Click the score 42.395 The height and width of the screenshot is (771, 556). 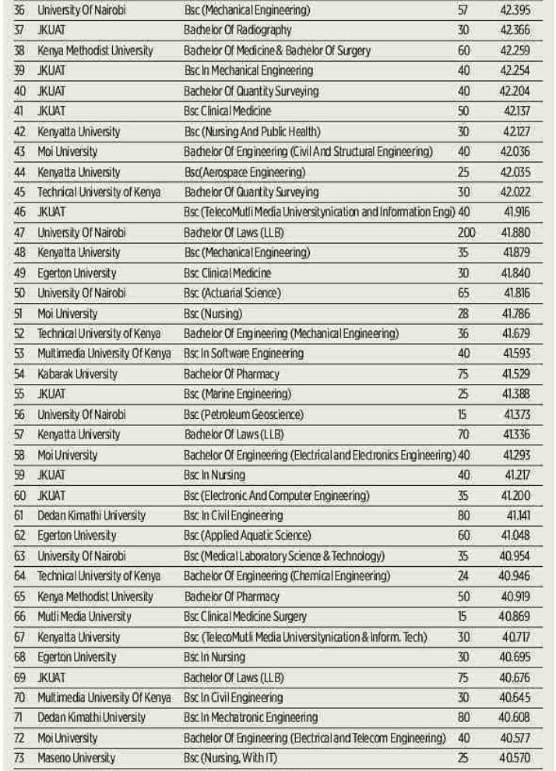[519, 10]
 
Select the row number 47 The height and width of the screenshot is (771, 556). [20, 233]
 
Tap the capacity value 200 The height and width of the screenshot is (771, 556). [466, 233]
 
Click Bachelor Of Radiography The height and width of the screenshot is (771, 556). [238, 30]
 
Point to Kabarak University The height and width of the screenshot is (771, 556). [77, 375]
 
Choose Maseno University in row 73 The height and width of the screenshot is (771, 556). [76, 758]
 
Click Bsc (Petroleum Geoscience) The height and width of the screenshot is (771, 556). [244, 415]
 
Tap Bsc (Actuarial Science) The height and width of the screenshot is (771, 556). [232, 294]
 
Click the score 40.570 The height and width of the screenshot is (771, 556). [519, 758]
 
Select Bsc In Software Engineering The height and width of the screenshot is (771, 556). [244, 354]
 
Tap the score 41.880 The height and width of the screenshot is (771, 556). [519, 233]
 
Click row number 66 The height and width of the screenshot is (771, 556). [20, 617]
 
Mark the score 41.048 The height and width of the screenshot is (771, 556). [519, 536]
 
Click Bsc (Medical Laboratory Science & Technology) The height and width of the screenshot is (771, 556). [284, 556]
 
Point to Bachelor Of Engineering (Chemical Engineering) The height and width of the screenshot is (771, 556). [287, 576]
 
